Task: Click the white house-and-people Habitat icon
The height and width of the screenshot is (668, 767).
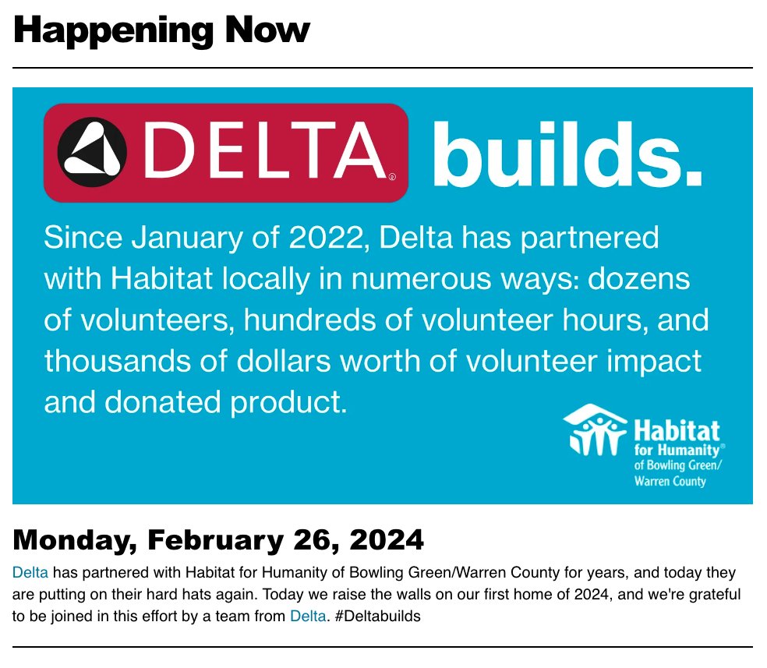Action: (596, 429)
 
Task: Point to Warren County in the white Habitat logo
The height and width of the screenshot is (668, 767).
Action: (670, 482)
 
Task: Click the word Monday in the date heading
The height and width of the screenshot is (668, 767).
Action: (74, 539)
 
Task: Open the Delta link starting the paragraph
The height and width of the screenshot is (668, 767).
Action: (30, 573)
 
